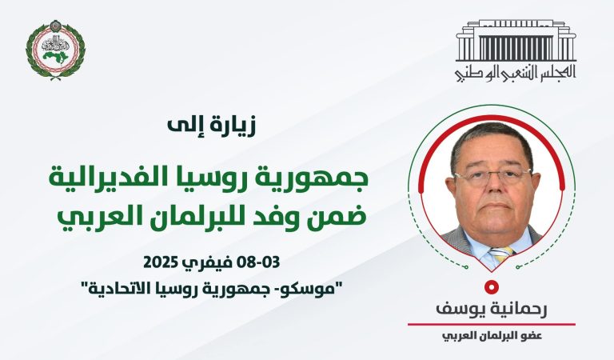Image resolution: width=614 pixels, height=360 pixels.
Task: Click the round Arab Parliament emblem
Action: [x=55, y=50]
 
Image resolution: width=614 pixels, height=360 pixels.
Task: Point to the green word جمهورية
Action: [x=314, y=177]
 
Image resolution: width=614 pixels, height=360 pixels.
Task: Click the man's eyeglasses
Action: [x=492, y=176]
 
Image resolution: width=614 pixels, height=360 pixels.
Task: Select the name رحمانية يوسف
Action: [x=491, y=308]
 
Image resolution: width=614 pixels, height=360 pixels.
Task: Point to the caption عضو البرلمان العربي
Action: [x=491, y=335]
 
